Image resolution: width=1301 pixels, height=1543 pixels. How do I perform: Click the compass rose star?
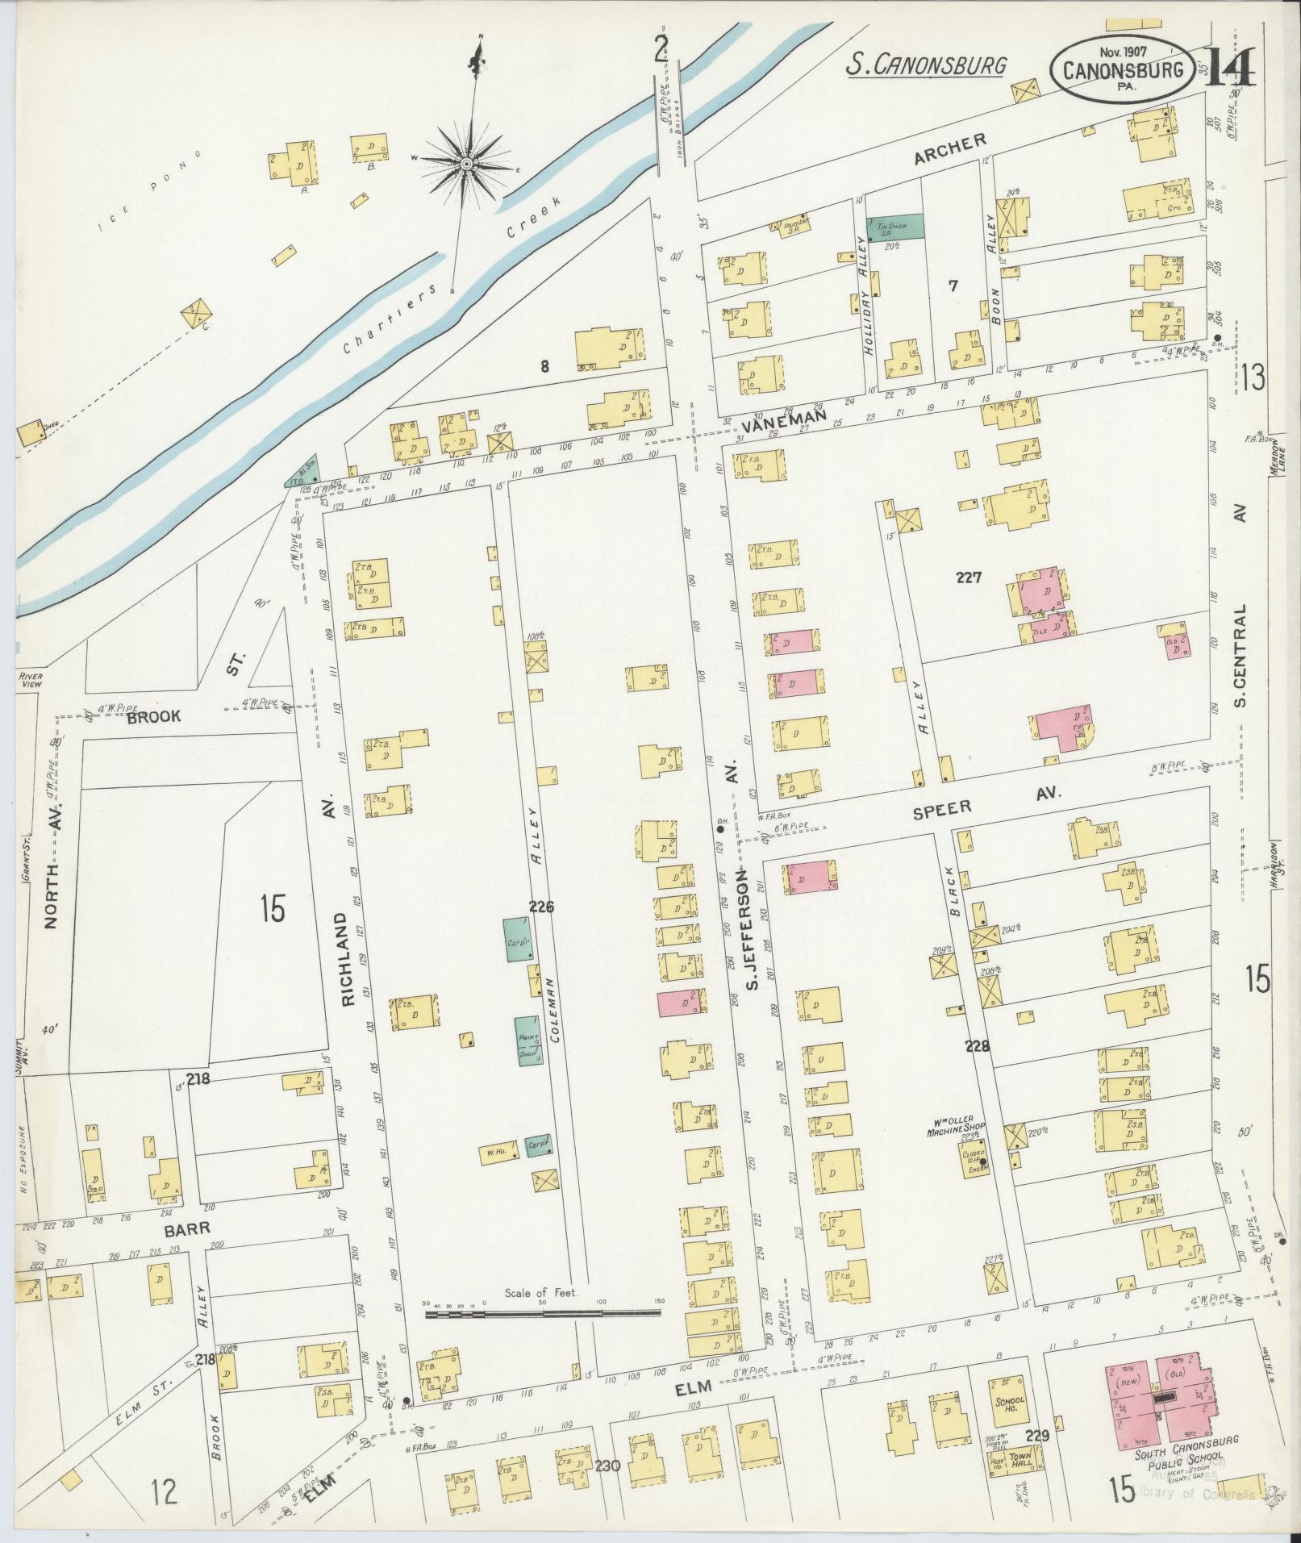[466, 164]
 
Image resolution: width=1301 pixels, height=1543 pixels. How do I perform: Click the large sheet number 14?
[1228, 68]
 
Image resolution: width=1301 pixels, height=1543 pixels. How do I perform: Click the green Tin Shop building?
[894, 227]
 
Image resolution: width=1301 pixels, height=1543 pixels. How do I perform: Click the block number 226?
[541, 907]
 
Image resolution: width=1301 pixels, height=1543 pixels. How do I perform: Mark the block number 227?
[968, 577]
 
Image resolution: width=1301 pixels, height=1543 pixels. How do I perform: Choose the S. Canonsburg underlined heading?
[926, 64]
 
